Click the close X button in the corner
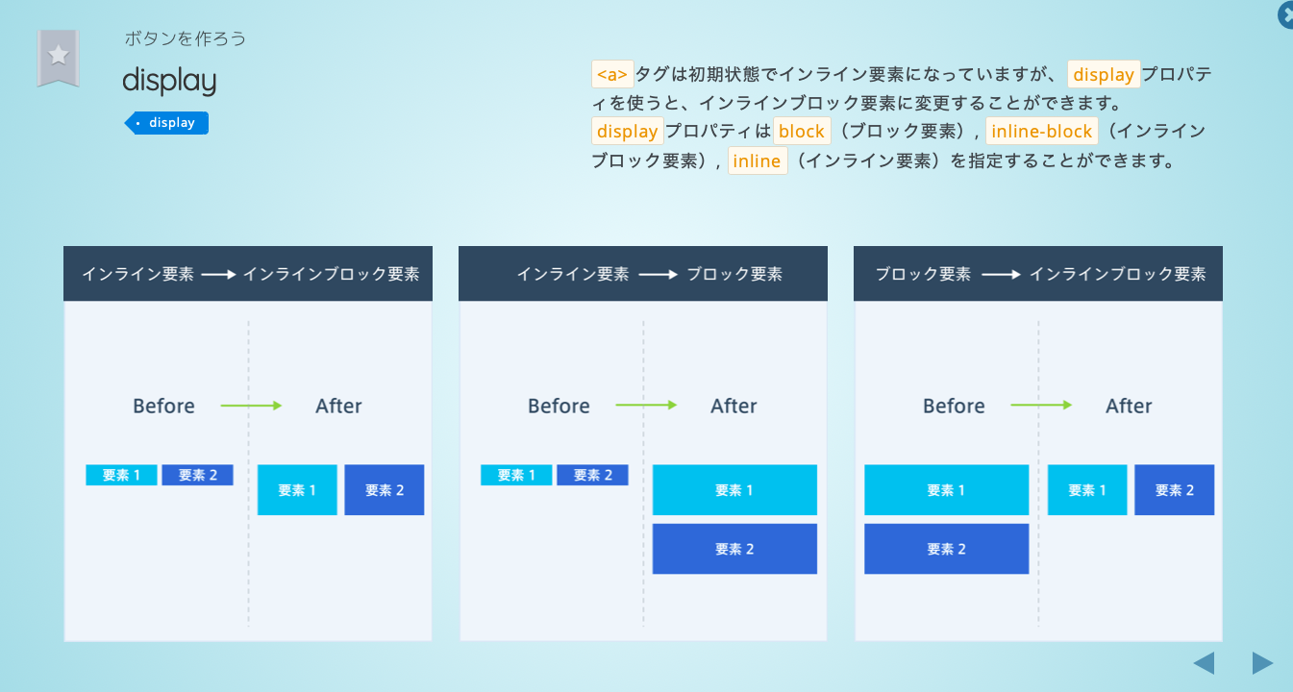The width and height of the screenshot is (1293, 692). point(1286,15)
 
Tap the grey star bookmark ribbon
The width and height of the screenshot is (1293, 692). point(58,57)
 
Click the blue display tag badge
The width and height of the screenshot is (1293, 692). point(167,123)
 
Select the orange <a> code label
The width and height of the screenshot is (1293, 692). point(612,74)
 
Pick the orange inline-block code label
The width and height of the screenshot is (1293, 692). point(1041,132)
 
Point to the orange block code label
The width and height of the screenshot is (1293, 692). point(802,132)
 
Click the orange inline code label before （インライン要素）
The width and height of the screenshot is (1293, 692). point(757,161)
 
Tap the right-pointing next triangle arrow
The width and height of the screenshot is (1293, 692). point(1262,663)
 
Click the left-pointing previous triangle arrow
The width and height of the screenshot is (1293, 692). point(1204,663)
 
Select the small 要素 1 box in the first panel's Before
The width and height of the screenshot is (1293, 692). point(121,475)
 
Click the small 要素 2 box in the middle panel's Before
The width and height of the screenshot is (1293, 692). point(592,475)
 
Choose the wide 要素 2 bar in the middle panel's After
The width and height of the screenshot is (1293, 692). point(734,549)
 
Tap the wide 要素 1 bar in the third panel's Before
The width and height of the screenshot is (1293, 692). point(946,490)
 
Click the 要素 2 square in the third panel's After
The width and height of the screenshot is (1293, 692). point(1174,490)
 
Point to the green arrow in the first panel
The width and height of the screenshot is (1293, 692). point(251,406)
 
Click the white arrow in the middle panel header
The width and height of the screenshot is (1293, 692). point(658,275)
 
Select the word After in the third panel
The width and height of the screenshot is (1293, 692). point(1129,407)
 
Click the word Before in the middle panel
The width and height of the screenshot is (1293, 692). point(559,407)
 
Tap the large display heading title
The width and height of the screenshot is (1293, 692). point(169,81)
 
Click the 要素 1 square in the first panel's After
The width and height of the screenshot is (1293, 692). point(297,490)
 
